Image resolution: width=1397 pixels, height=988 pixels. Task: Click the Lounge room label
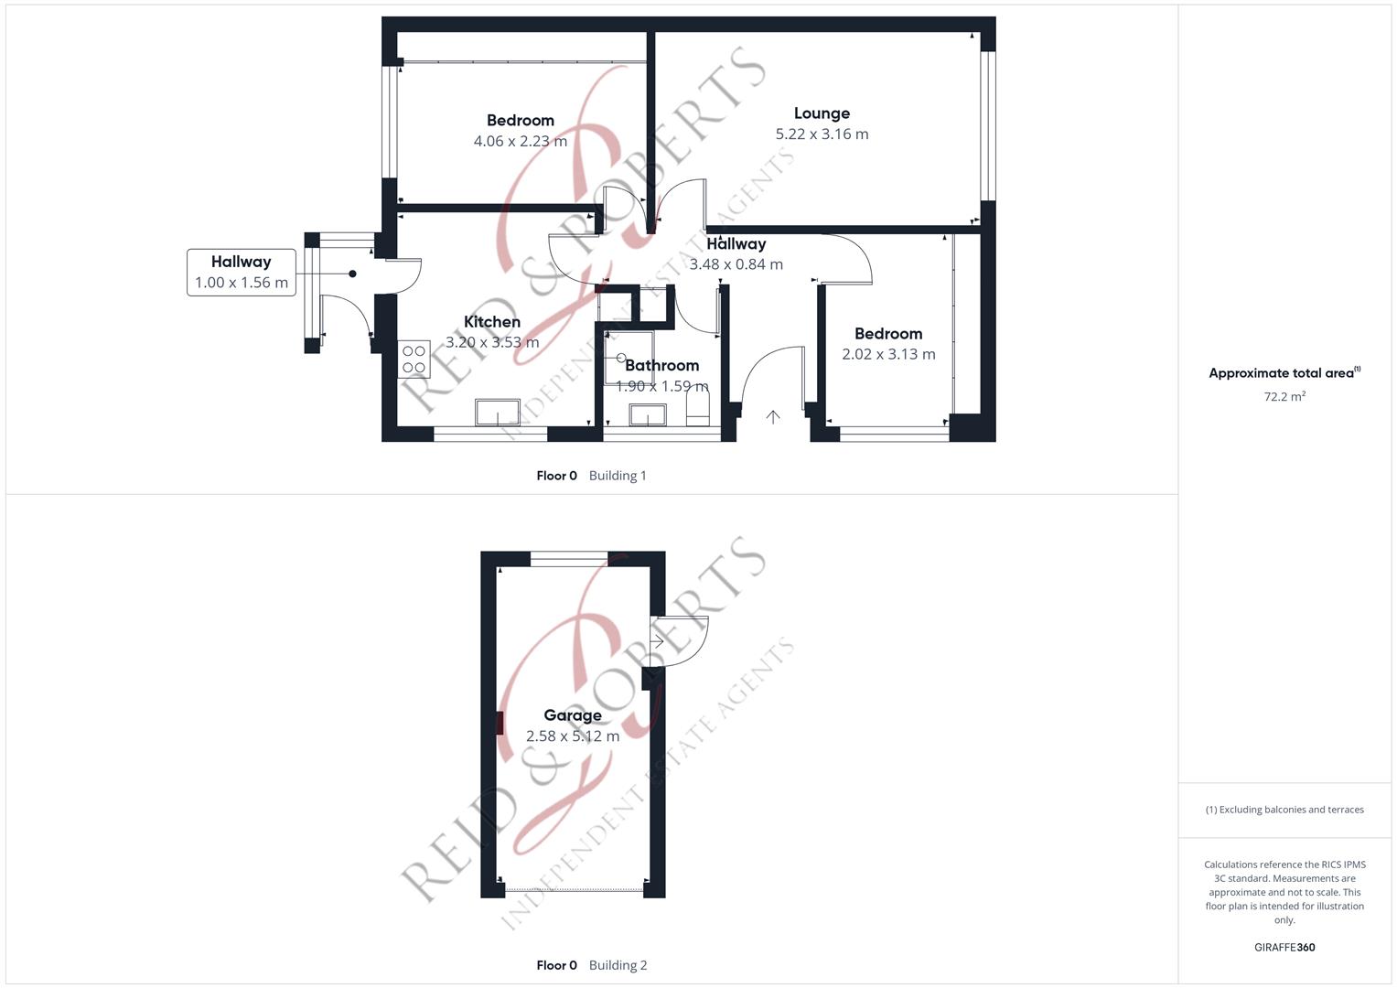click(822, 113)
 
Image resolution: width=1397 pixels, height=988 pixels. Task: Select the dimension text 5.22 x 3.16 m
click(822, 134)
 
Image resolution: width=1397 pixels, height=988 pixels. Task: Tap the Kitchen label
click(492, 322)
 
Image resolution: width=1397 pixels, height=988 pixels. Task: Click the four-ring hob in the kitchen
click(414, 360)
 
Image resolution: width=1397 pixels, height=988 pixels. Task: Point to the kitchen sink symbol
click(498, 413)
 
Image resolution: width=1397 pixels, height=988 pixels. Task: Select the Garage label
click(573, 715)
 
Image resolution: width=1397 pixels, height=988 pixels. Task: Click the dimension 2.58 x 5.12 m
click(573, 736)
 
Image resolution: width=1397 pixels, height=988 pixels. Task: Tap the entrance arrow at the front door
click(773, 417)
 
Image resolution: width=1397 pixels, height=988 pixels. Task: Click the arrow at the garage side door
click(656, 641)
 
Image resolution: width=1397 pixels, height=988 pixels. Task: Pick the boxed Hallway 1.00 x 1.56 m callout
click(242, 272)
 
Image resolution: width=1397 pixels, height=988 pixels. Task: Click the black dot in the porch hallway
click(352, 274)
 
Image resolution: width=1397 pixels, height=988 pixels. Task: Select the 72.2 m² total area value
click(1284, 396)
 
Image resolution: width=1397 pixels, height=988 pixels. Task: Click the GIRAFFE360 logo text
click(1284, 947)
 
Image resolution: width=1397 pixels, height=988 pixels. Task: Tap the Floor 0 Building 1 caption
click(591, 476)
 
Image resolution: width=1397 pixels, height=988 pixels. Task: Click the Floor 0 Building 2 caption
click(591, 965)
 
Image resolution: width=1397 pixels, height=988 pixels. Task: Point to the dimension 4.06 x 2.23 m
click(520, 141)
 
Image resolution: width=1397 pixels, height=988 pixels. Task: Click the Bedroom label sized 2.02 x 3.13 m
click(887, 334)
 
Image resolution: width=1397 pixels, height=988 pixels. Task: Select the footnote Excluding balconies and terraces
click(1284, 810)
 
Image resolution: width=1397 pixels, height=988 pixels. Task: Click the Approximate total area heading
click(1284, 373)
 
